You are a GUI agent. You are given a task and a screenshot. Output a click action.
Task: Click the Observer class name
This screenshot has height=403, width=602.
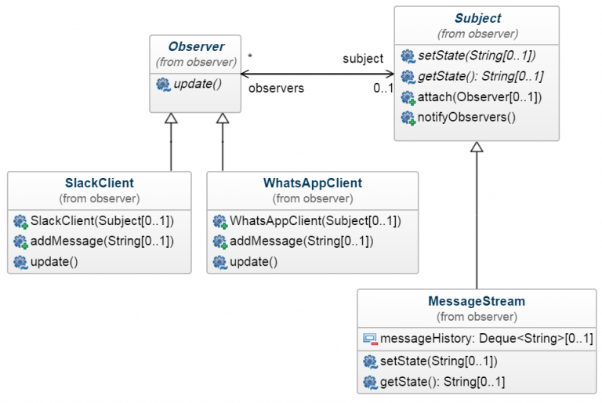pyautogui.click(x=196, y=46)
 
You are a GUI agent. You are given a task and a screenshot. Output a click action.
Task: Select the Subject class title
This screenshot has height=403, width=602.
pyautogui.click(x=477, y=18)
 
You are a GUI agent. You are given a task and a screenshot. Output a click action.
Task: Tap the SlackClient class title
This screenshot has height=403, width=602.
pyautogui.click(x=100, y=183)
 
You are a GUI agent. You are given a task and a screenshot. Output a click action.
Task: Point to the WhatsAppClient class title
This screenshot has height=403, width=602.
pyautogui.click(x=313, y=183)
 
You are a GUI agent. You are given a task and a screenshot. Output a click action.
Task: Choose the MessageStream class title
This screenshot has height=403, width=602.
pyautogui.click(x=477, y=301)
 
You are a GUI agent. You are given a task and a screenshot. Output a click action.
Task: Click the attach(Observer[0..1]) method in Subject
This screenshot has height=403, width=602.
pyautogui.click(x=480, y=96)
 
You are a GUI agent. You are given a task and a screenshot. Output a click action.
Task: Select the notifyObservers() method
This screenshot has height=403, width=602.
pyautogui.click(x=466, y=117)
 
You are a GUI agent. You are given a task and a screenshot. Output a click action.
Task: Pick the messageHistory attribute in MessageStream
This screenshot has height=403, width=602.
pyautogui.click(x=487, y=339)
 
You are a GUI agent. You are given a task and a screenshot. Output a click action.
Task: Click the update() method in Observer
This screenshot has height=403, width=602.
pyautogui.click(x=198, y=84)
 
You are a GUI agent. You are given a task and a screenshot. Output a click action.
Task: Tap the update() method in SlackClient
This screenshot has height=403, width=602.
pyautogui.click(x=54, y=262)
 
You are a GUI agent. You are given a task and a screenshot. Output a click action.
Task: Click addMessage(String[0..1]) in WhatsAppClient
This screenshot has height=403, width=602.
pyautogui.click(x=301, y=241)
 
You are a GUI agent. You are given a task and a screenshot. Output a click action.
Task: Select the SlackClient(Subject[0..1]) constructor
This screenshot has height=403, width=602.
pyautogui.click(x=102, y=221)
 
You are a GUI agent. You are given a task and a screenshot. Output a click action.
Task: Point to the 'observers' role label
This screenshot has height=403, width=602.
pyautogui.click(x=276, y=89)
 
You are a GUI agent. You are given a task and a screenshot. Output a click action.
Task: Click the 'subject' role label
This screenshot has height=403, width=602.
pyautogui.click(x=363, y=58)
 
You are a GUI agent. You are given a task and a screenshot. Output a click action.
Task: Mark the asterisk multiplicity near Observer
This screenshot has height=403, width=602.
pyautogui.click(x=250, y=56)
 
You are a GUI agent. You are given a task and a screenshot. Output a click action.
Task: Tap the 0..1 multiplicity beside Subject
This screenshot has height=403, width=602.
pyautogui.click(x=383, y=89)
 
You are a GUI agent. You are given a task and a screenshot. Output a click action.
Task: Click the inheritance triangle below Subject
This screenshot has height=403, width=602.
pyautogui.click(x=477, y=147)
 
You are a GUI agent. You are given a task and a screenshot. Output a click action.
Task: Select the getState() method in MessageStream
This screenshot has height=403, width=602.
pyautogui.click(x=442, y=382)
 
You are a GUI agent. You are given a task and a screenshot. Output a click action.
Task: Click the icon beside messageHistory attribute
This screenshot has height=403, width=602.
pyautogui.click(x=370, y=339)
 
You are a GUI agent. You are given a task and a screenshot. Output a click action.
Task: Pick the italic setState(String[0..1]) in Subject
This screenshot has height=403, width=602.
pyautogui.click(x=477, y=56)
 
